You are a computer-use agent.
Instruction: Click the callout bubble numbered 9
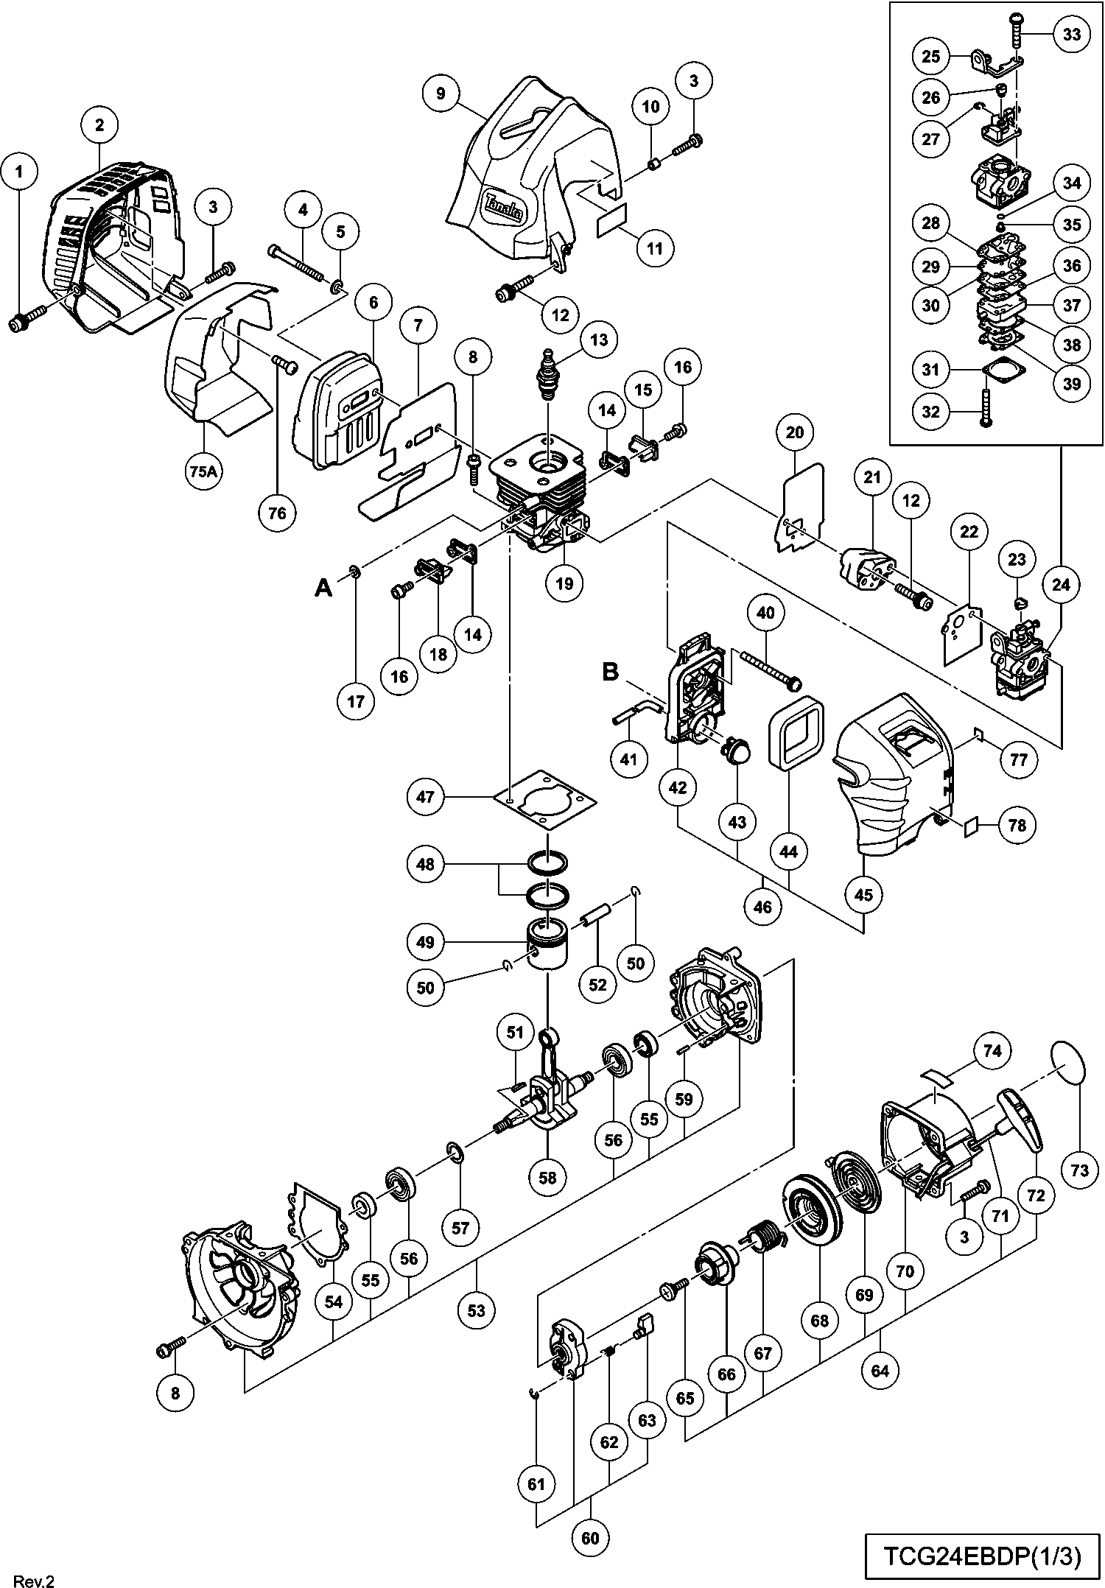pos(441,94)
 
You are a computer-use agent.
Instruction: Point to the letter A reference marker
pos(323,588)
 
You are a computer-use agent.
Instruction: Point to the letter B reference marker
pos(611,672)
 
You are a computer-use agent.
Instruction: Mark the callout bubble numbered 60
pos(590,1539)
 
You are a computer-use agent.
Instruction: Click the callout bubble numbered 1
pos(20,172)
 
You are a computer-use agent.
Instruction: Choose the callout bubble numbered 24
pos(1061,585)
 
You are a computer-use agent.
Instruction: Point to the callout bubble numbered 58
pos(548,1177)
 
